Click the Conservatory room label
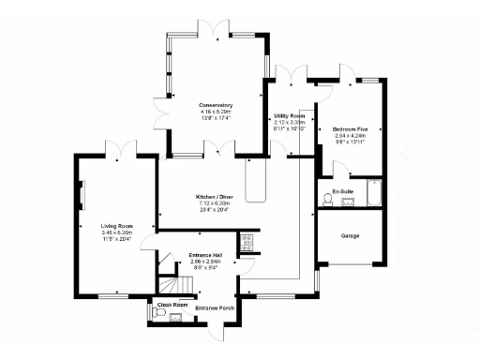coord(215,105)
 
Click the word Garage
coord(351,235)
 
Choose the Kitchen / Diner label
coord(215,197)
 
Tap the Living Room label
coord(117,226)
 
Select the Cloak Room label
coord(172,305)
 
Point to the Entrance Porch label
coord(214,307)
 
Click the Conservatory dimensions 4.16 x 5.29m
coord(215,112)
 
